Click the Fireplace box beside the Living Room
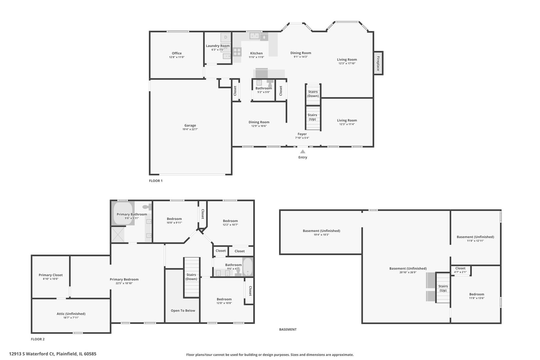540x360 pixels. tap(378, 63)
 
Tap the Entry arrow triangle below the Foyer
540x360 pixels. tap(303, 152)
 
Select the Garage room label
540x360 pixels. tap(190, 126)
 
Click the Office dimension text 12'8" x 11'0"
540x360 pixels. tap(177, 57)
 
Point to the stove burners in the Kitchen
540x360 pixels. tap(237, 52)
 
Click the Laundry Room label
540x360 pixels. tap(218, 46)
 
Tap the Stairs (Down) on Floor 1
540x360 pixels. tap(313, 94)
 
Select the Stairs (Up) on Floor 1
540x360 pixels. tap(312, 117)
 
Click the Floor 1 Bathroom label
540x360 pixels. tap(264, 88)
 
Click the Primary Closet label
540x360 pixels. tap(51, 275)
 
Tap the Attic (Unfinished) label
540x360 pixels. tap(71, 314)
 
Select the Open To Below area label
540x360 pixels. tap(183, 311)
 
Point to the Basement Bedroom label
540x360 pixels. tap(477, 294)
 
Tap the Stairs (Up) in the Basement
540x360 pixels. tap(443, 288)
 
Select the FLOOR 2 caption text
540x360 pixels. tap(38, 339)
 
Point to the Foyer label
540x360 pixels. tap(302, 134)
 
